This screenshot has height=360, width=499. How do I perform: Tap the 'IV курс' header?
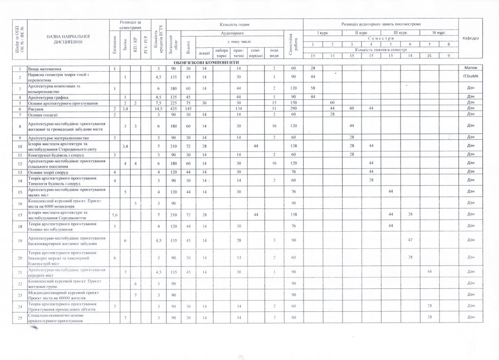[440, 33]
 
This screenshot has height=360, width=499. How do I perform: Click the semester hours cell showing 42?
[410, 240]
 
